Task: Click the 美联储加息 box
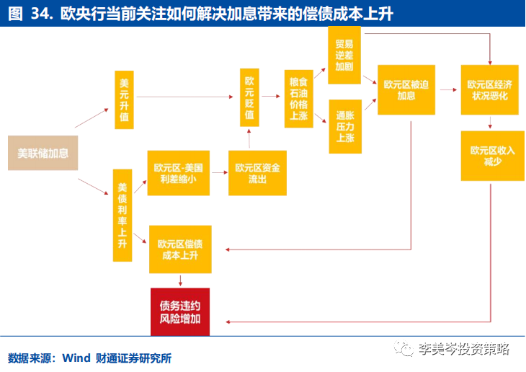[x=43, y=152]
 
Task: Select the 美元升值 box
[x=125, y=99]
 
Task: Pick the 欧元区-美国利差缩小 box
[x=178, y=173]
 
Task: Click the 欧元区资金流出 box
[x=257, y=173]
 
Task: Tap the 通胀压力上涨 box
[x=344, y=126]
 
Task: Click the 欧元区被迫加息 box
[x=406, y=90]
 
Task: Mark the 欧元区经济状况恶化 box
[x=489, y=90]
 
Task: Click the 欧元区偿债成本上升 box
[x=180, y=249]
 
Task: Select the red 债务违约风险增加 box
[x=180, y=312]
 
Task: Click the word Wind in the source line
[x=76, y=358]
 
